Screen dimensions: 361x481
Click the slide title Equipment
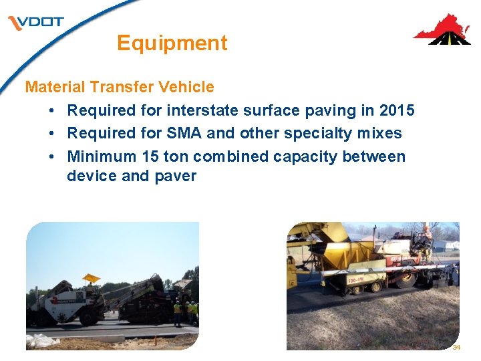(x=172, y=43)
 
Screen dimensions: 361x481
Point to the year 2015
(x=396, y=110)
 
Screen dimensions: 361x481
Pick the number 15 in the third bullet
(x=150, y=156)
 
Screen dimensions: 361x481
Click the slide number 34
(x=456, y=348)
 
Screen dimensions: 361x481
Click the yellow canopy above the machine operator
(x=90, y=277)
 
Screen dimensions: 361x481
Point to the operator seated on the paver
(x=424, y=241)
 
